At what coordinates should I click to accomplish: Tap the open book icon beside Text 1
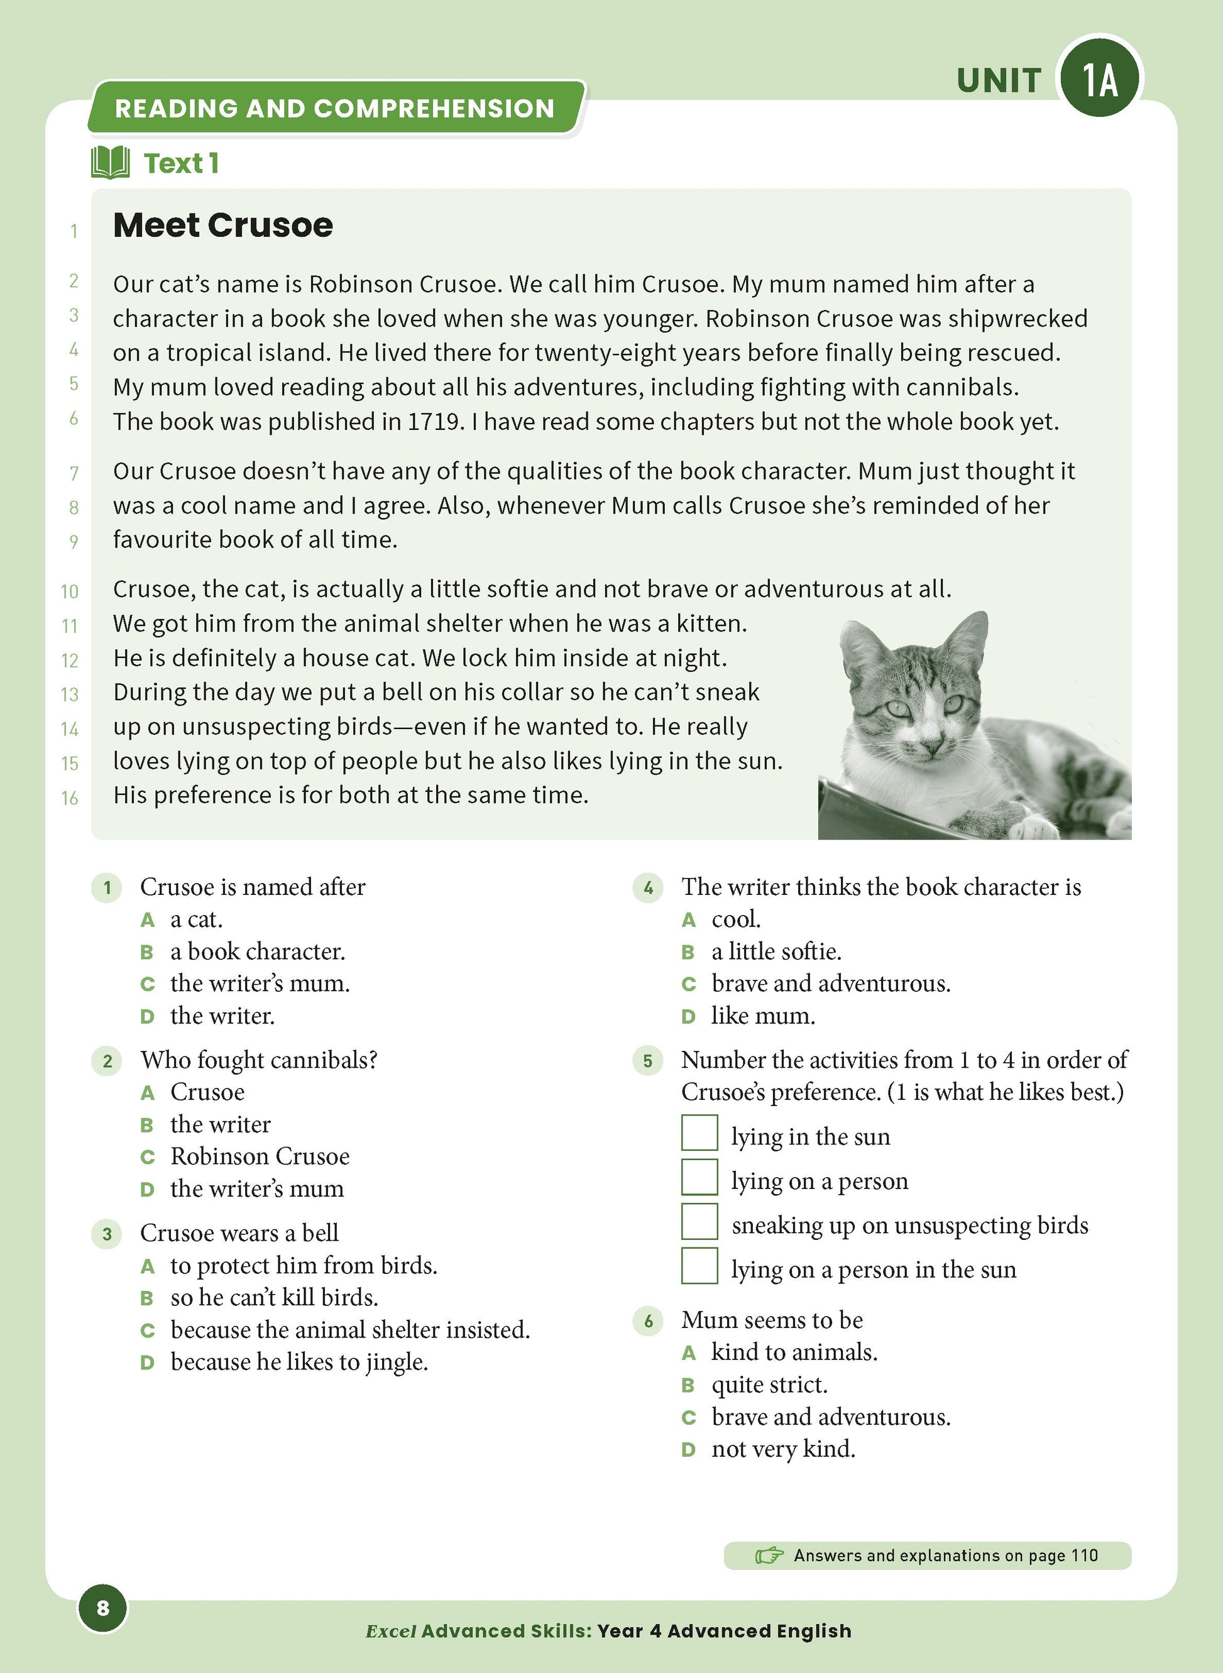pos(111,163)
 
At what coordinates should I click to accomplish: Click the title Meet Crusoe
pos(223,225)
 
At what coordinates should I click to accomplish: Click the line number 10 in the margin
pos(70,591)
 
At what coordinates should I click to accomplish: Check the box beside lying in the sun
pos(699,1133)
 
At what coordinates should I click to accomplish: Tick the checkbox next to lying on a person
pos(699,1178)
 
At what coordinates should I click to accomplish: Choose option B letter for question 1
pos(146,953)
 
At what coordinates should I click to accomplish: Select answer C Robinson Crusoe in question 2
pos(259,1157)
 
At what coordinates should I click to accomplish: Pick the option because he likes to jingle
pos(299,1363)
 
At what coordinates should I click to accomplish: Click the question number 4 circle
pos(648,887)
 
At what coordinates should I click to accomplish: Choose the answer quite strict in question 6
pos(769,1385)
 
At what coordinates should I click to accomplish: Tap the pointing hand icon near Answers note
pos(769,1555)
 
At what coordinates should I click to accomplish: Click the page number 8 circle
pos(103,1608)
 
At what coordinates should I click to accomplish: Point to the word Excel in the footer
pos(391,1632)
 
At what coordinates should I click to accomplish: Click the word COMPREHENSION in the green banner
pos(433,109)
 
